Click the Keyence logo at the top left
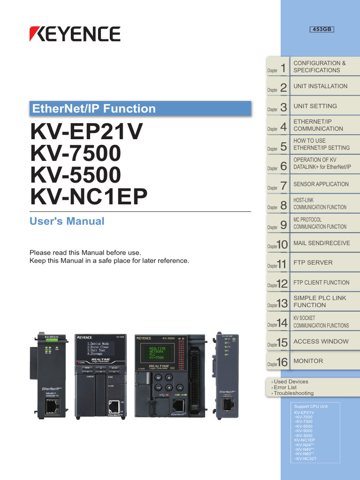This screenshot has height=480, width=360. (x=75, y=34)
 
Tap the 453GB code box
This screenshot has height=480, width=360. (x=322, y=30)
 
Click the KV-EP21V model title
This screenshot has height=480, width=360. (x=86, y=132)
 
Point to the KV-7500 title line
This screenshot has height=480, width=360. (x=75, y=153)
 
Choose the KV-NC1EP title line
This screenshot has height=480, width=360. (x=89, y=197)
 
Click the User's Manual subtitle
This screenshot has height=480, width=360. (x=67, y=221)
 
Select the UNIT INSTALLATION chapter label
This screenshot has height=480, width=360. (x=320, y=86)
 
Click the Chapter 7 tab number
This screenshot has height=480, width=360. (x=283, y=186)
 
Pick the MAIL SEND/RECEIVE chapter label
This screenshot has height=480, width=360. (x=322, y=243)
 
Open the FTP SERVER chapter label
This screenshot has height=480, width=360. (x=313, y=262)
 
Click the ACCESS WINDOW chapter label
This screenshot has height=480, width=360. (x=321, y=341)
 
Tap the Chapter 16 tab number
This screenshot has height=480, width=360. (x=282, y=362)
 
